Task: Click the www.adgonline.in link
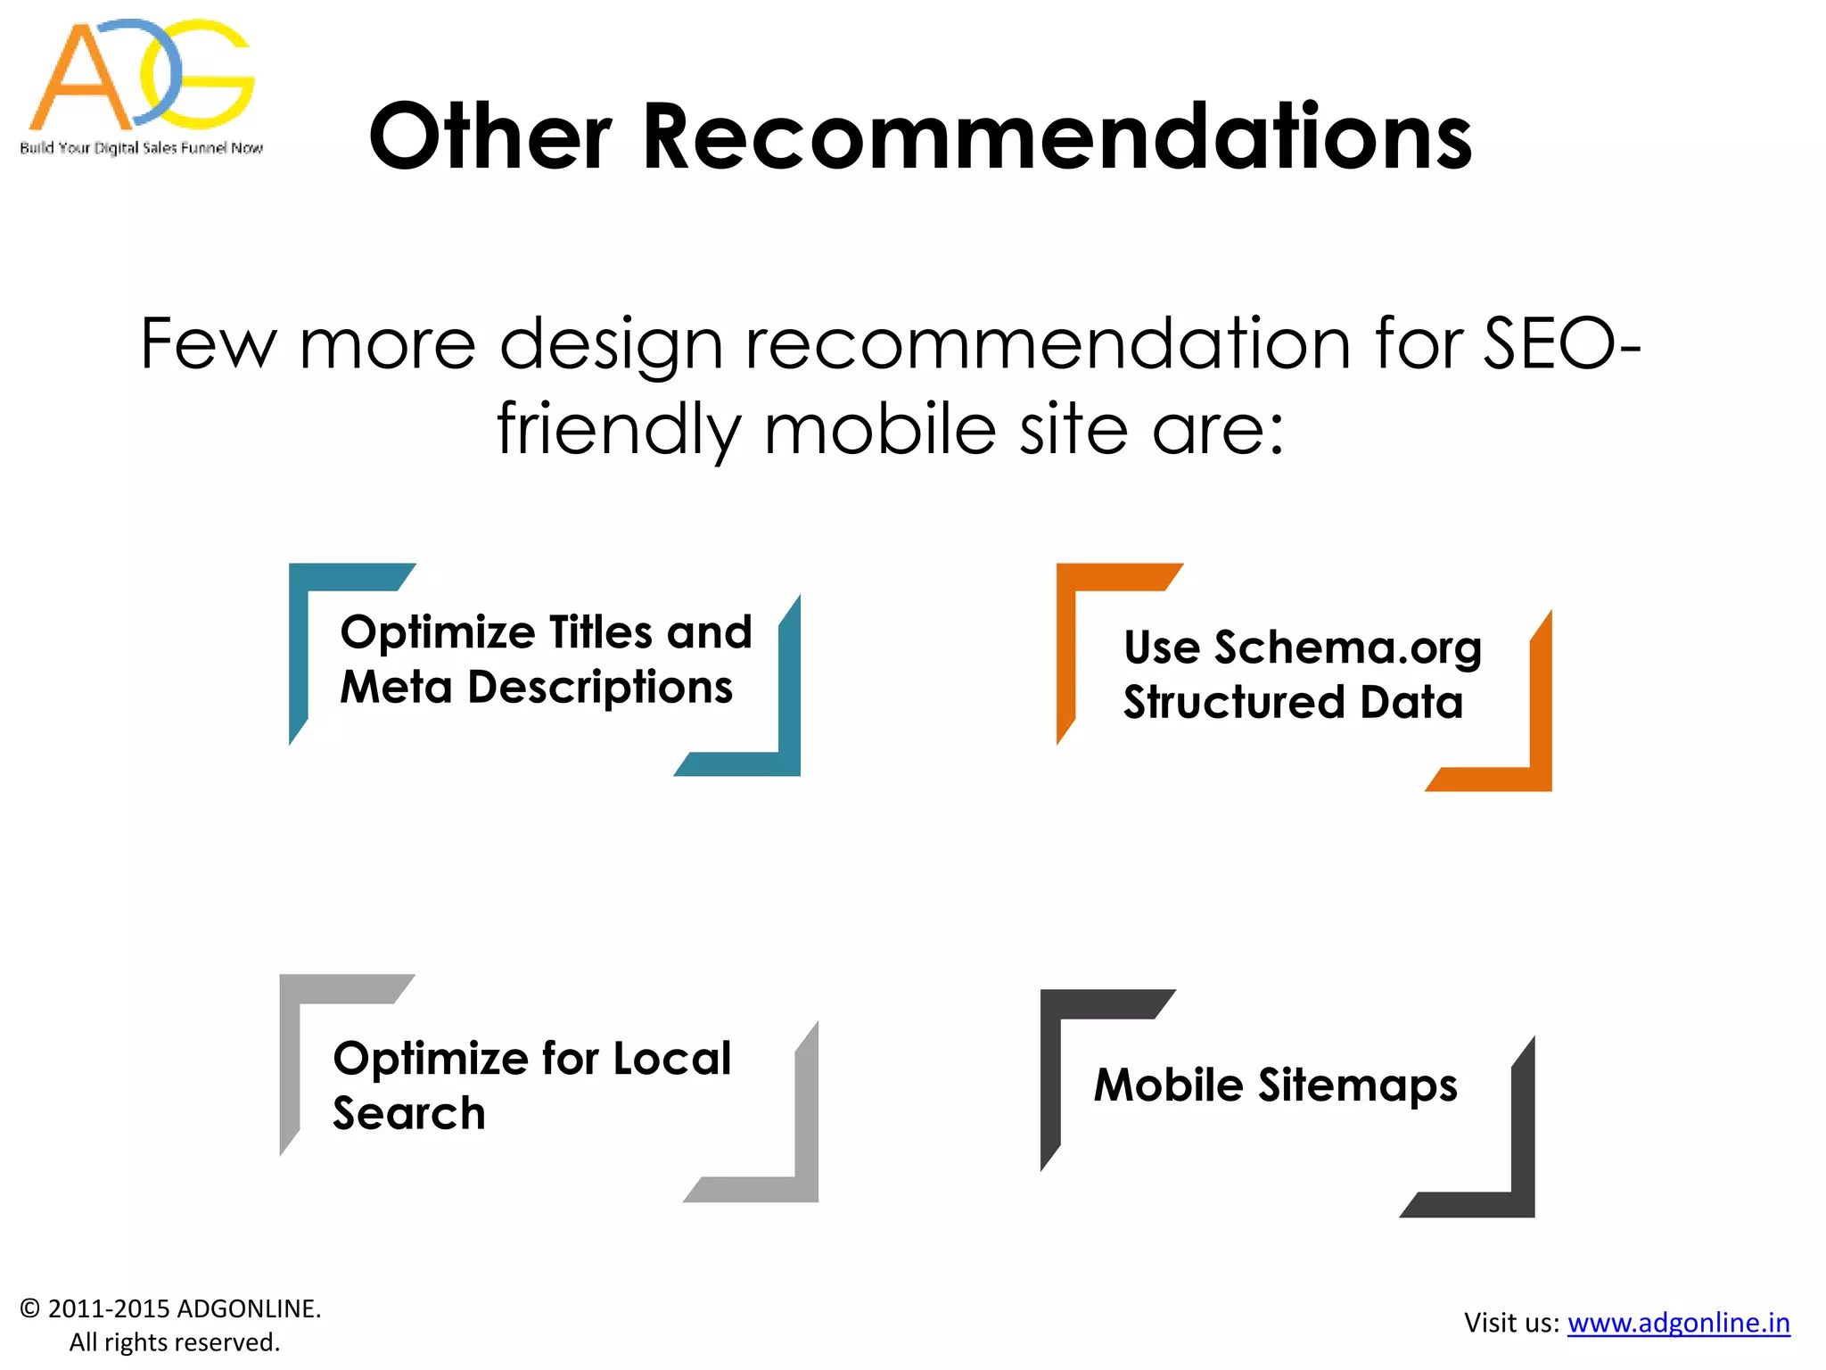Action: click(1678, 1323)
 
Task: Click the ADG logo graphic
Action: click(141, 75)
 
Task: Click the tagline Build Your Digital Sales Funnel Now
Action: click(141, 148)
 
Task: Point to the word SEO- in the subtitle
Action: click(1560, 344)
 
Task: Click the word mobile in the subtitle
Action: click(879, 430)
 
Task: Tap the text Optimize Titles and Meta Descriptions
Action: click(546, 659)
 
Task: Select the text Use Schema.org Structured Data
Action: click(1302, 674)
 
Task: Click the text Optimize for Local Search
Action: click(531, 1085)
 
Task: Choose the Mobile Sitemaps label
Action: click(1275, 1085)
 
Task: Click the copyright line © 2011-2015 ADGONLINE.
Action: click(170, 1308)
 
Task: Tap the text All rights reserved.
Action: click(175, 1342)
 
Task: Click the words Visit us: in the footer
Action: click(1511, 1323)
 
